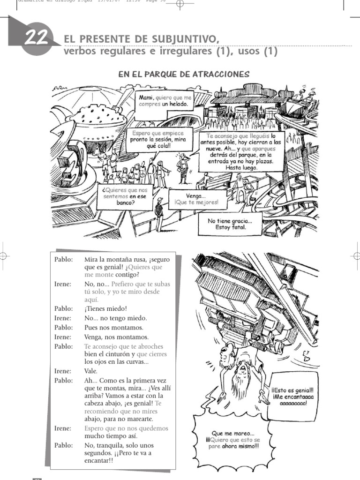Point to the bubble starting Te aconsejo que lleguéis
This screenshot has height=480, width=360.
point(241,151)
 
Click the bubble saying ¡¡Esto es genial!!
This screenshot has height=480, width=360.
point(292,396)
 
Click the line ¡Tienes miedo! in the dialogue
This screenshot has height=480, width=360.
point(105,308)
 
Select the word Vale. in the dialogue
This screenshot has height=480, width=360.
point(91,371)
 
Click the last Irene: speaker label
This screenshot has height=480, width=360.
point(63,428)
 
